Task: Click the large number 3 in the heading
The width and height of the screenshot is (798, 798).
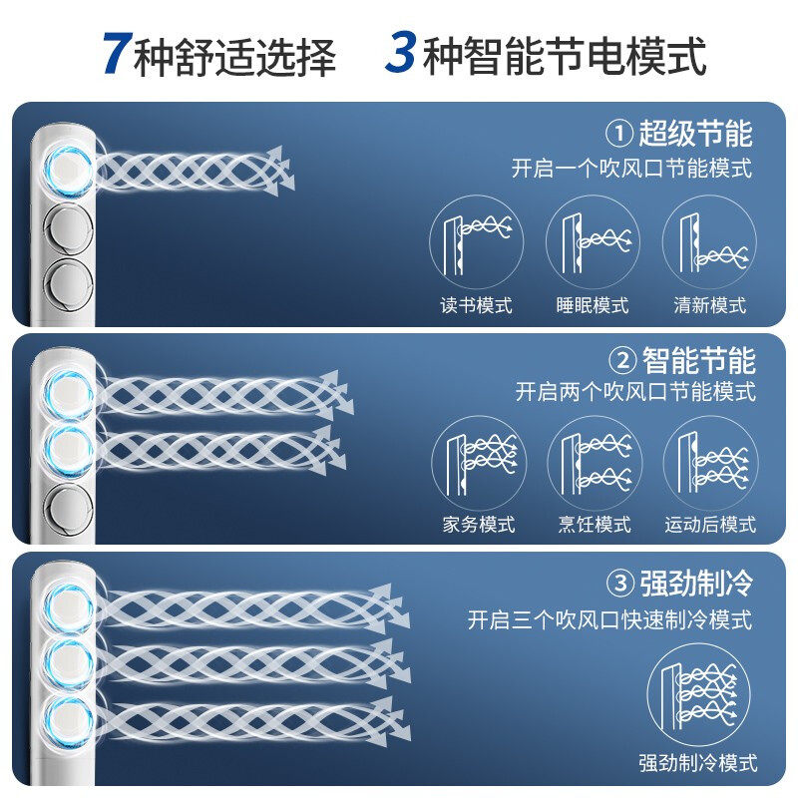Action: [401, 54]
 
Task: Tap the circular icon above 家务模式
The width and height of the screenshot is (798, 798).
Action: [478, 463]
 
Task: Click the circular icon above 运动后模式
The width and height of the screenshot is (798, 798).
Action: [710, 463]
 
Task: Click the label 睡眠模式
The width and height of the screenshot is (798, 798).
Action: [593, 305]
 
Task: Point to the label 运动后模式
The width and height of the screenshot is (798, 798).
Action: [710, 525]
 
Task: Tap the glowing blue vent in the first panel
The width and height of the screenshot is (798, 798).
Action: [70, 165]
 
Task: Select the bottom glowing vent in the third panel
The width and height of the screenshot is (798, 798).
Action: [70, 720]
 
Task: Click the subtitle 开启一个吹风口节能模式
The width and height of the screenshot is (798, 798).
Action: [631, 169]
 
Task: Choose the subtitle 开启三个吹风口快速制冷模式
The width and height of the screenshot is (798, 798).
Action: [609, 619]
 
